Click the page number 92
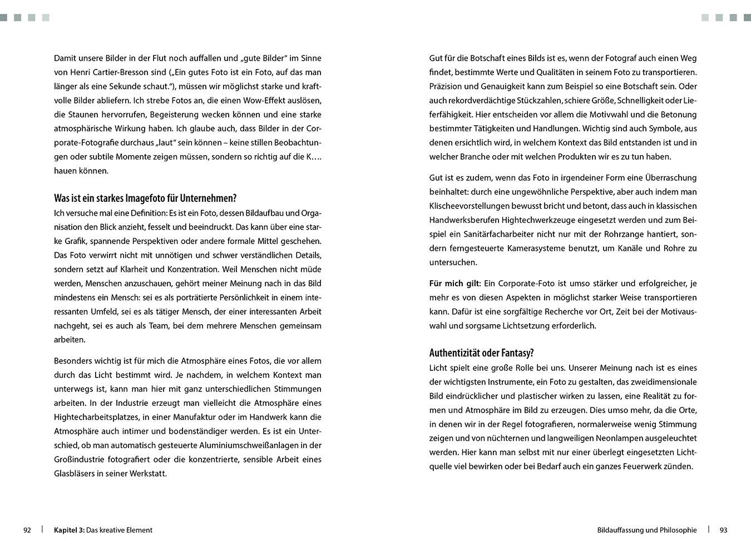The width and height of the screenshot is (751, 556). point(27,530)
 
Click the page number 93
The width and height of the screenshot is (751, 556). point(723,530)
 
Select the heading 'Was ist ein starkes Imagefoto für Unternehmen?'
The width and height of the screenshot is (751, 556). point(145,198)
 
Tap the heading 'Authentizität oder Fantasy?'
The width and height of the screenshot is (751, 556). point(481,353)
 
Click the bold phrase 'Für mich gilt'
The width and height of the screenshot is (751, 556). point(454,284)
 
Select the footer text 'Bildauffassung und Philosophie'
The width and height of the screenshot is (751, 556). point(646,530)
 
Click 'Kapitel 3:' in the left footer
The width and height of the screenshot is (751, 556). point(69,530)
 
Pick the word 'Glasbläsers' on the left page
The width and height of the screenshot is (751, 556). point(76,474)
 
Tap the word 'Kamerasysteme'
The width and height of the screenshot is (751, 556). point(538,248)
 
